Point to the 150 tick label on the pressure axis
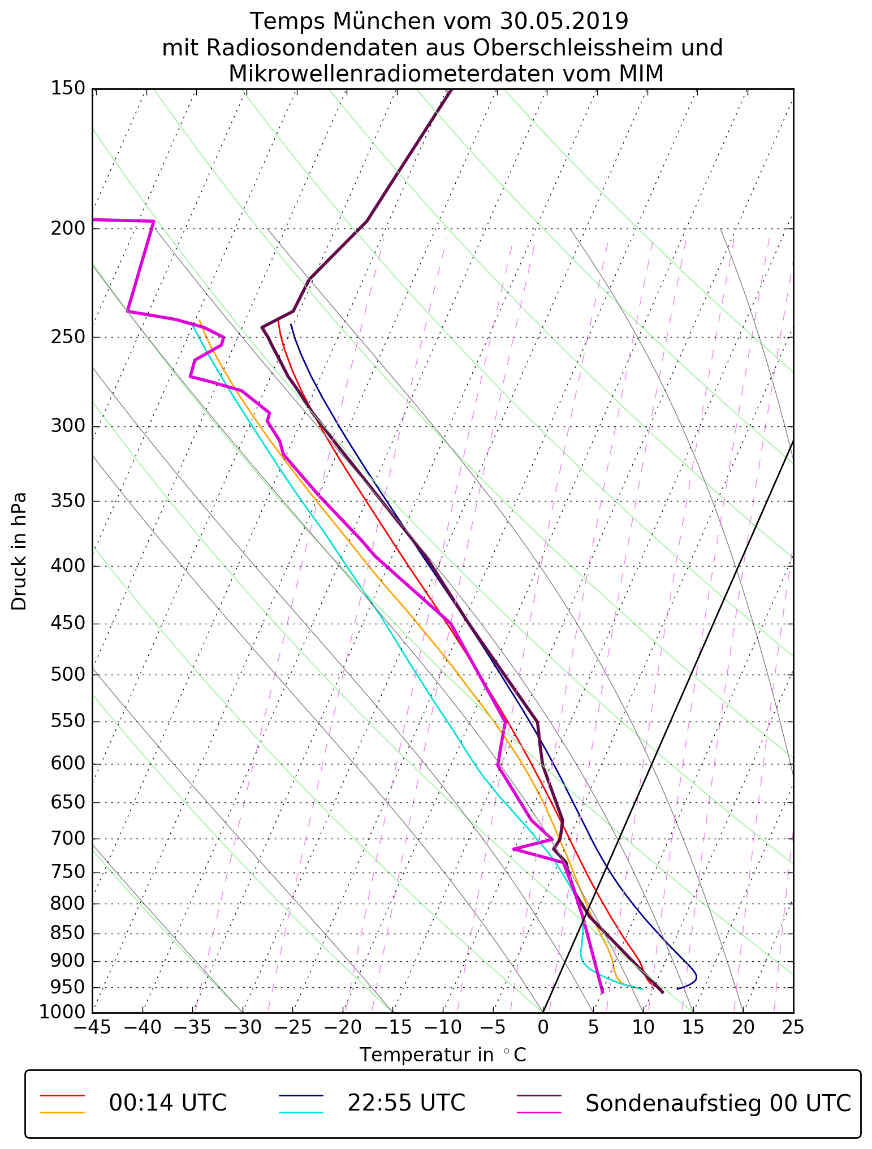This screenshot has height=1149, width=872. click(x=68, y=89)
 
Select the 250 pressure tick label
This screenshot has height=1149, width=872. click(x=68, y=337)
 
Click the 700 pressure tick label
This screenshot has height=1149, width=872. click(x=68, y=839)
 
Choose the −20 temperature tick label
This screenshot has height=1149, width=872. click(x=342, y=1027)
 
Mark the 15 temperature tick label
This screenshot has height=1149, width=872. click(x=693, y=1027)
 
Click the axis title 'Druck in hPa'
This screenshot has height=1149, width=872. click(x=19, y=551)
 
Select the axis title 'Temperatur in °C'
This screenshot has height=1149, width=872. click(x=443, y=1055)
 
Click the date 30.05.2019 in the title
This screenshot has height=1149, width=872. click(x=564, y=21)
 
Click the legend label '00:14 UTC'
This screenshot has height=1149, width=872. click(x=168, y=1103)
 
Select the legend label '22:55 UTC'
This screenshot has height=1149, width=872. click(x=406, y=1103)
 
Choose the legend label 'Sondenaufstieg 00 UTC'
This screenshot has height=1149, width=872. click(x=718, y=1103)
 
